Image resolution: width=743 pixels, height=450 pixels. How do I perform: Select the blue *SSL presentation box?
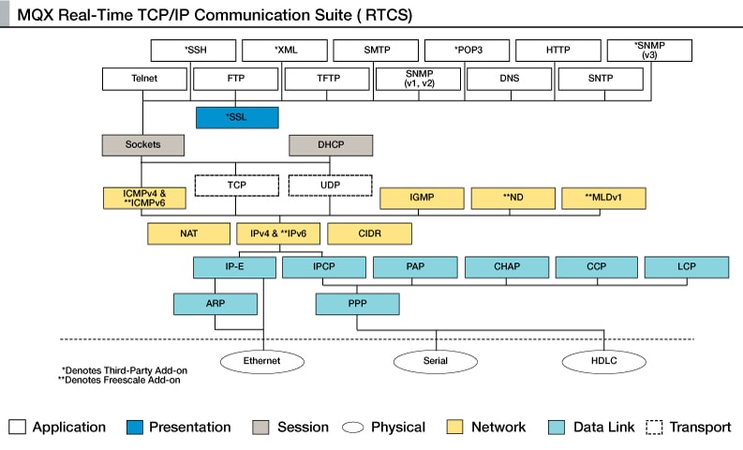[x=237, y=117]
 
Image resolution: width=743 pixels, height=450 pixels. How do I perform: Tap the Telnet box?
[x=142, y=79]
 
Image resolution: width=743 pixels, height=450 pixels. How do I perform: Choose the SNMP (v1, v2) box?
[x=417, y=79]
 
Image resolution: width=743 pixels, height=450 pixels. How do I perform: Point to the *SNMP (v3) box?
[x=648, y=50]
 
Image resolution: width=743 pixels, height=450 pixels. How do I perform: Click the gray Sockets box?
[x=142, y=144]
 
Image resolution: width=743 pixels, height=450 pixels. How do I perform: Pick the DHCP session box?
[x=330, y=144]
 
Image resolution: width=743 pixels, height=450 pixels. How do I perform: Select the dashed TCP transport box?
[x=236, y=186]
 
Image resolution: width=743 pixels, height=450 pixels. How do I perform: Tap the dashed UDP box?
[x=330, y=186]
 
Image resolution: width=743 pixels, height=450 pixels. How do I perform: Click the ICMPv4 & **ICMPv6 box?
[x=144, y=198]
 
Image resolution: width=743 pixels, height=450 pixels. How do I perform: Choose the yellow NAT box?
[x=188, y=232]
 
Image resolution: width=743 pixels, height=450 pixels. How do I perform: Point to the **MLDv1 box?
[x=602, y=198]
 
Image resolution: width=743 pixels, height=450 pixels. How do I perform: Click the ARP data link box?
[x=215, y=304]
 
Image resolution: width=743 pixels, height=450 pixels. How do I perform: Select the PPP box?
[x=357, y=304]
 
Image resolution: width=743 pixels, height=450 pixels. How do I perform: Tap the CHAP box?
[x=506, y=267]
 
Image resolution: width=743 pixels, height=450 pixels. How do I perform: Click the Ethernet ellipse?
[x=261, y=360]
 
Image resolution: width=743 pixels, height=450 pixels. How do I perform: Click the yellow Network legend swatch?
[x=455, y=427]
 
